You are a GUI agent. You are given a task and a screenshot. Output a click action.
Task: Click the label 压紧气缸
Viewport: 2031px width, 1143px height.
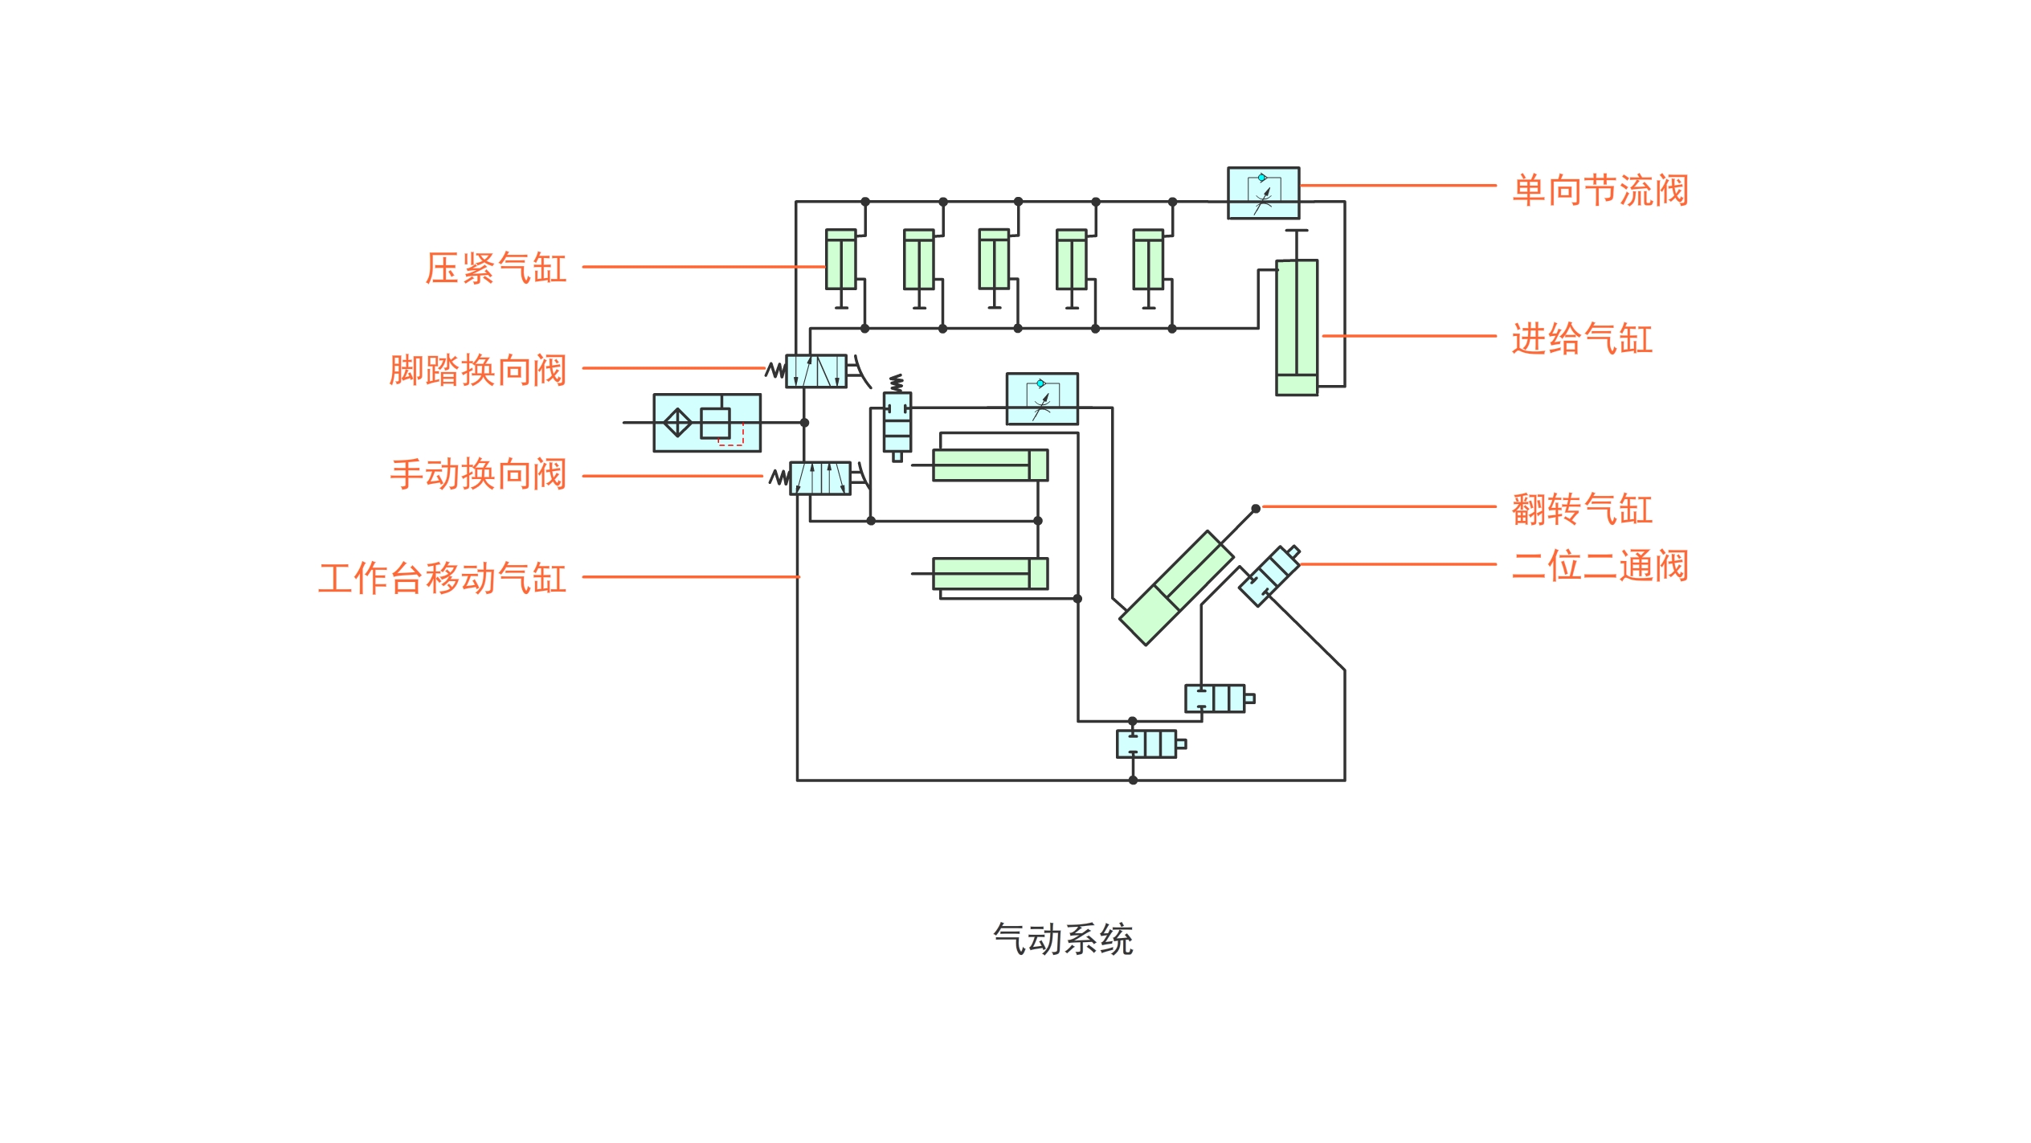[496, 268]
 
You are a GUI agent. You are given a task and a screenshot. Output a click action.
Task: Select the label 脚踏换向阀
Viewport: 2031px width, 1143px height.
[478, 371]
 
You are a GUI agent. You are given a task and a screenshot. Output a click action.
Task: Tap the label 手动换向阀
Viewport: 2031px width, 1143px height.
[478, 474]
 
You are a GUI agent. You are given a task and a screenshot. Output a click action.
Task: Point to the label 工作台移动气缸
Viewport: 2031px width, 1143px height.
[443, 579]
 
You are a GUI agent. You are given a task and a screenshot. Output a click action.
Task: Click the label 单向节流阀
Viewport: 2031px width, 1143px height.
[1600, 191]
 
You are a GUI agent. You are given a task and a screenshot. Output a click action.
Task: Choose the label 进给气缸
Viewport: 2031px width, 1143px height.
[1581, 339]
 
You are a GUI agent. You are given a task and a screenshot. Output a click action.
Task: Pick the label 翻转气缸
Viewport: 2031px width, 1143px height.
[1581, 510]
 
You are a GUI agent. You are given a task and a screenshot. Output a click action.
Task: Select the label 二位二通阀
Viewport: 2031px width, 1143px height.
[1600, 566]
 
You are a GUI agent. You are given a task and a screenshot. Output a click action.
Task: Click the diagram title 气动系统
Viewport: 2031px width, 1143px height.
[1063, 939]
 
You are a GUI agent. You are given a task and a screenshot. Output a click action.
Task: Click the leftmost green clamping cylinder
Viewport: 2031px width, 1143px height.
[840, 260]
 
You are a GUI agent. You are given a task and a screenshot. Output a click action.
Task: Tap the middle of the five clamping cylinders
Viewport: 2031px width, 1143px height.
[994, 260]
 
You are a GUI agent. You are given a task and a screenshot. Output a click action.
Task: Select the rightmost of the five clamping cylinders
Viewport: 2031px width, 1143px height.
[1148, 260]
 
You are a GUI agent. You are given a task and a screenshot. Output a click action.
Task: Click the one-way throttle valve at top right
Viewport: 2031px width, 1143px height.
[1263, 193]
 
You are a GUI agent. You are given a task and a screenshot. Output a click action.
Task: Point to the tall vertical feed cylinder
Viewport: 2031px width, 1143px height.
[1297, 327]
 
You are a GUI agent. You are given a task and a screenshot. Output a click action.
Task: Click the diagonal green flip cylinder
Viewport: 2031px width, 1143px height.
[1176, 588]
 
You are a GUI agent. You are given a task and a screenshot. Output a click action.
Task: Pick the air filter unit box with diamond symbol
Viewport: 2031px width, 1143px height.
[707, 423]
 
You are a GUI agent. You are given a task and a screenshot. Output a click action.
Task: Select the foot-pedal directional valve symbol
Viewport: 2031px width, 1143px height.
[816, 371]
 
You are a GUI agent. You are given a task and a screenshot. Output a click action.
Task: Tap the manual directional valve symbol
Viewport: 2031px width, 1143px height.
[820, 478]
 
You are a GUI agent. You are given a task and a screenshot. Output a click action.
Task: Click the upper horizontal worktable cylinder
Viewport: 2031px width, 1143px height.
[990, 465]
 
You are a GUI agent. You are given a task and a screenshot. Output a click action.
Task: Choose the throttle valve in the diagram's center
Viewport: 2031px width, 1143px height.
[1042, 399]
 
